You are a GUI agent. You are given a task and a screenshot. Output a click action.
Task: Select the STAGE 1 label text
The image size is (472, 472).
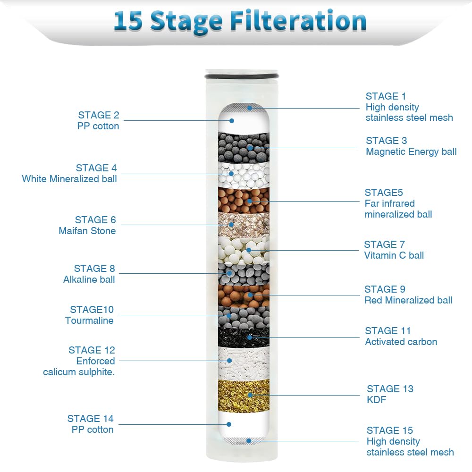[x=386, y=96]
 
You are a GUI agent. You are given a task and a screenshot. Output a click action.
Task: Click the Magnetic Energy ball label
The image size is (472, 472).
[x=411, y=152]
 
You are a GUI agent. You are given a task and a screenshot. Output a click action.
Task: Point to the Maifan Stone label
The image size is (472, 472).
[x=87, y=231]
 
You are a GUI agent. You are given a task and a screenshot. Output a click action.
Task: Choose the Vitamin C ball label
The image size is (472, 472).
[x=394, y=255]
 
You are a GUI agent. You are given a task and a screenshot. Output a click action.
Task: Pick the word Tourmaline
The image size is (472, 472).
[x=89, y=320]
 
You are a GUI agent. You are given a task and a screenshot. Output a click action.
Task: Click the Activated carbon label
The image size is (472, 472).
[x=401, y=342]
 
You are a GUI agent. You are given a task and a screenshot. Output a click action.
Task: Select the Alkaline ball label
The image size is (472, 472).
[x=89, y=279]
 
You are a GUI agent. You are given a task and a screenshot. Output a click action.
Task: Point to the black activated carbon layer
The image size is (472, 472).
[x=244, y=337]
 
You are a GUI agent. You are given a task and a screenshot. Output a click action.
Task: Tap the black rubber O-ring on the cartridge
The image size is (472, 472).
[x=241, y=76]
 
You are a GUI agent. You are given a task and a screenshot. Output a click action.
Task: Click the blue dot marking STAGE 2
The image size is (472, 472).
[x=234, y=120]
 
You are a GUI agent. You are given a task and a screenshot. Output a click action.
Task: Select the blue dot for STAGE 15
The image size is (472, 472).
[x=249, y=441]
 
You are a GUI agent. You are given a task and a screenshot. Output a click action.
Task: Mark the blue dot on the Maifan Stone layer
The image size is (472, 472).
[x=231, y=225]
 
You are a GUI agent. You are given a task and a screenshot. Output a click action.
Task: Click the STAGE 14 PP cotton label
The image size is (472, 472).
[x=90, y=424]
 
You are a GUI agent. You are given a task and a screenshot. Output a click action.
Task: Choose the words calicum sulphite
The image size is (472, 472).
[x=79, y=372]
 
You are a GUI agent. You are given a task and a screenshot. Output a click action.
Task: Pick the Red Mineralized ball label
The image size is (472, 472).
[x=408, y=300]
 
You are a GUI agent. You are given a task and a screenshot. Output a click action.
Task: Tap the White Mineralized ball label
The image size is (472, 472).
[x=69, y=179]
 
